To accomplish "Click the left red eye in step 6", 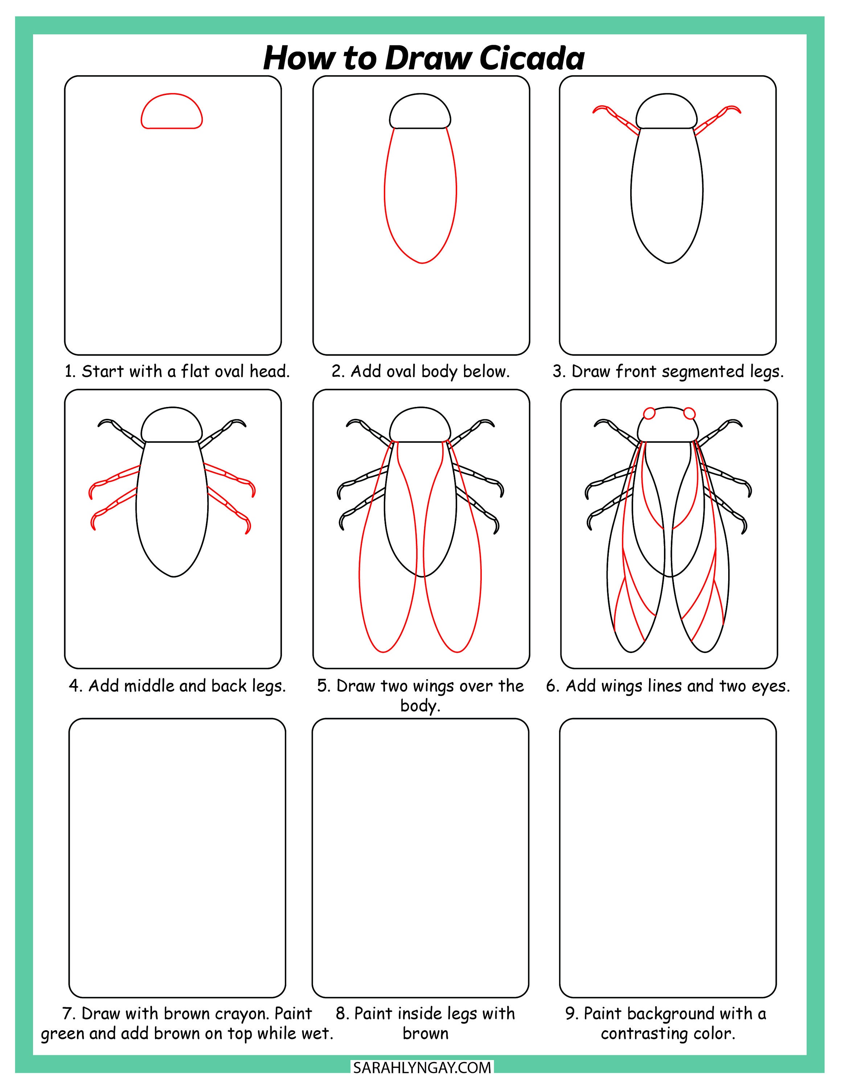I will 649,413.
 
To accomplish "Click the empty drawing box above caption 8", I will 420,858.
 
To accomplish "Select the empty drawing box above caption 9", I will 668,858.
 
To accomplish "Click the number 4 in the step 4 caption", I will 75,686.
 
